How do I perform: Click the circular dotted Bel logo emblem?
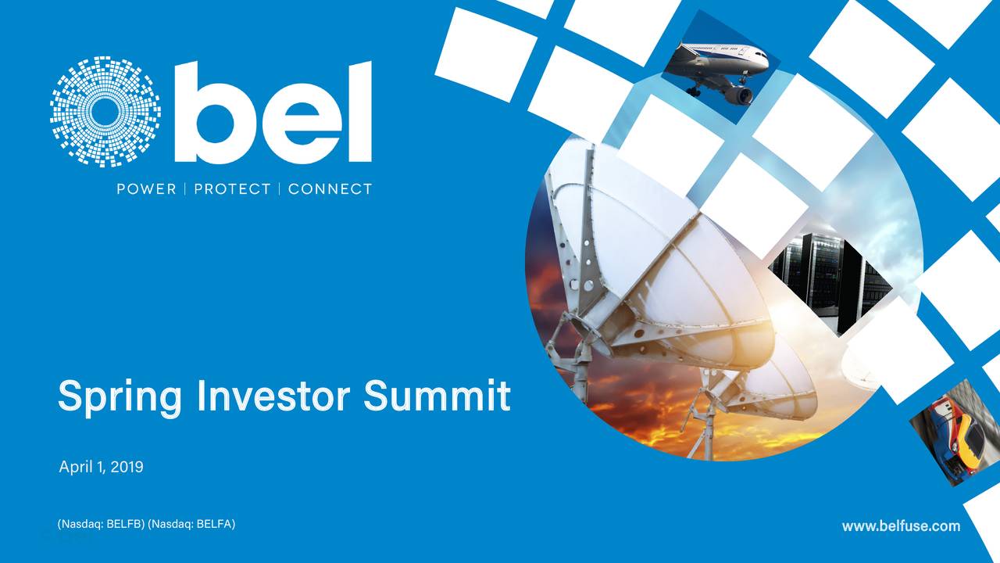point(105,111)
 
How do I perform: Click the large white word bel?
point(273,113)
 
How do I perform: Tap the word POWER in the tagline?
point(146,189)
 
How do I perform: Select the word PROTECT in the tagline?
point(232,189)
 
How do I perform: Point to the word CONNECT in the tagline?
point(330,189)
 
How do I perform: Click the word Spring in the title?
point(121,397)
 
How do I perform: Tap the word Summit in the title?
point(437,396)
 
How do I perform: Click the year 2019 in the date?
point(127,468)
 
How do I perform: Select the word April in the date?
point(76,468)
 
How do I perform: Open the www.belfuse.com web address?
point(901,526)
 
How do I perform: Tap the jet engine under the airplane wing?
point(737,95)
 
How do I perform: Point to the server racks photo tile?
point(828,274)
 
